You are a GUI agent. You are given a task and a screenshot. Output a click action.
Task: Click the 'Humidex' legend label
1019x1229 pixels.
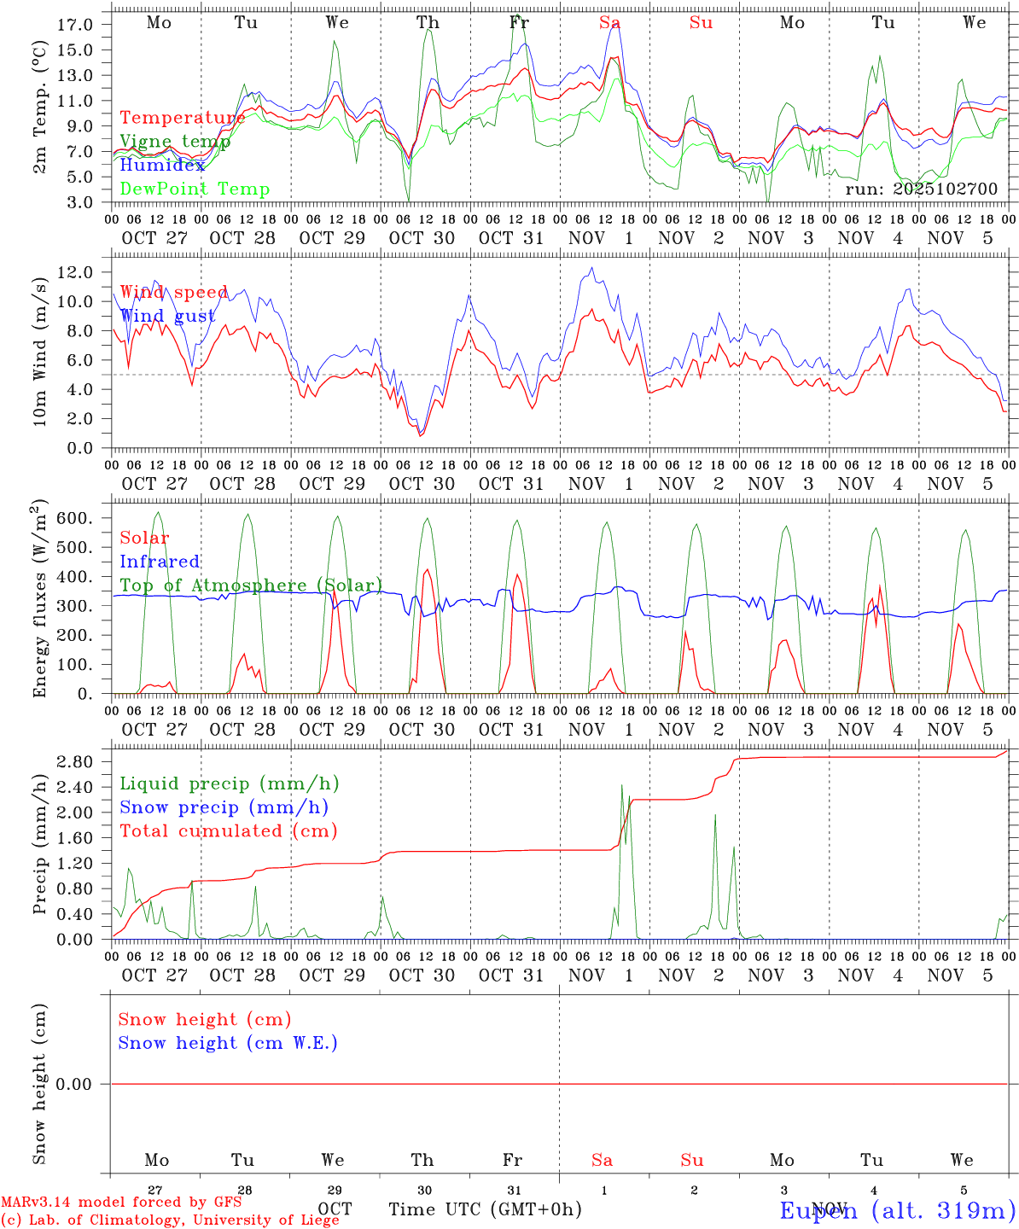[x=162, y=166]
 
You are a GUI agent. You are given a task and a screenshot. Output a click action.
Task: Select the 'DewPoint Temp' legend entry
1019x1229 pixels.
[x=195, y=189]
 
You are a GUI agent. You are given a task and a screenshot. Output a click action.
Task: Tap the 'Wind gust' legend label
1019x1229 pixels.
[x=167, y=317]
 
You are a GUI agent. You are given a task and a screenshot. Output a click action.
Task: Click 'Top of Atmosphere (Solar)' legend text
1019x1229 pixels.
[x=250, y=585]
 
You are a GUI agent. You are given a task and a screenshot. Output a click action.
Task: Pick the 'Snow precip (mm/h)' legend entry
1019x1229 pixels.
[x=224, y=807]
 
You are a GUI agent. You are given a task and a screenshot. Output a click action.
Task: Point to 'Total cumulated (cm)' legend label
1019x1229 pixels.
[x=228, y=831]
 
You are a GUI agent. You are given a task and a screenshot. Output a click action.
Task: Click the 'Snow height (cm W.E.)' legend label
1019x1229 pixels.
[x=227, y=1043]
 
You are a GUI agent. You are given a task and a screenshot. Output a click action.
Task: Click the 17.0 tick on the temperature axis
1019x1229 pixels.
[x=74, y=25]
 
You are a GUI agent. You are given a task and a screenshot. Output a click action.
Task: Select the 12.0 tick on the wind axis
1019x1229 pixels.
[x=74, y=272]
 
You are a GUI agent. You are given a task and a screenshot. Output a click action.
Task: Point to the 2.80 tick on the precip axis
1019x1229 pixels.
[x=74, y=761]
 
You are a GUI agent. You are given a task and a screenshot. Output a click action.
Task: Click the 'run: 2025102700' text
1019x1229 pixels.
[x=921, y=189]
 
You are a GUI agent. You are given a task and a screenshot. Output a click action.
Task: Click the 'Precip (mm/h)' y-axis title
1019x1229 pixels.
[x=39, y=855]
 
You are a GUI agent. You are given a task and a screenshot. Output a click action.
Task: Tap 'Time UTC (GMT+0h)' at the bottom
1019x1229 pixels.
[x=485, y=1209]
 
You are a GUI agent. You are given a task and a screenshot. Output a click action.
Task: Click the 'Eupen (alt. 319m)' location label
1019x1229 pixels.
[x=897, y=1209]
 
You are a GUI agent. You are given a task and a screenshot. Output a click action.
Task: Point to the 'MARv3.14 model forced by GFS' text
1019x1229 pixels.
[x=120, y=1202]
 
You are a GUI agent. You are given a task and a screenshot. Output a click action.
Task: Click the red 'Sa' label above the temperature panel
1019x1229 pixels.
[x=608, y=23]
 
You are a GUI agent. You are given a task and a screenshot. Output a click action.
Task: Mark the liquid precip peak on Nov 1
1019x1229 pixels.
[x=622, y=785]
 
